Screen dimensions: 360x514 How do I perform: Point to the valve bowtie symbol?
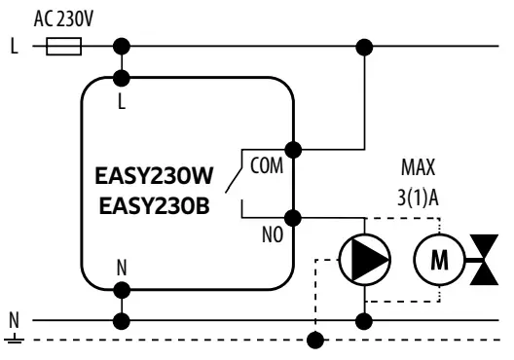pyautogui.click(x=483, y=258)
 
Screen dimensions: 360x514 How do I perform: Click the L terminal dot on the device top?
pyautogui.click(x=123, y=75)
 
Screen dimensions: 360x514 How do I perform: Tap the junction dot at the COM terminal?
pyautogui.click(x=294, y=150)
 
